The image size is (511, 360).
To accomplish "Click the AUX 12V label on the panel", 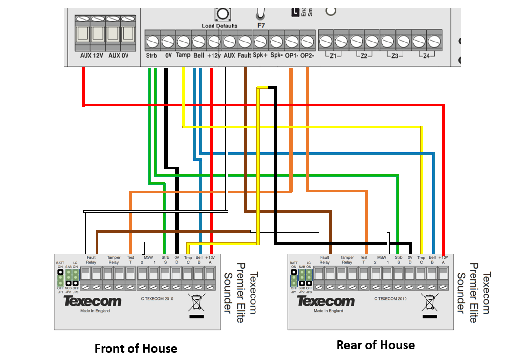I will [91, 56].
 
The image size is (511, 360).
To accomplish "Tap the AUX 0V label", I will [118, 56].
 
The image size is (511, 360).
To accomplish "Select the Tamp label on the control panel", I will [183, 56].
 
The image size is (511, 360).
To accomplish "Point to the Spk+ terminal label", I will [260, 56].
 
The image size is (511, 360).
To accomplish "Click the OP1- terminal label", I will [292, 56].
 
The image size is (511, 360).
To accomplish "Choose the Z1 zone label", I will [333, 56].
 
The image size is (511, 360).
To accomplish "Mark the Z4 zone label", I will [426, 56].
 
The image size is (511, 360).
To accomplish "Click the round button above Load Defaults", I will [223, 14].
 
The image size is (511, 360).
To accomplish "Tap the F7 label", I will [260, 24].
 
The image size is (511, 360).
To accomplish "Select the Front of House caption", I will [136, 348].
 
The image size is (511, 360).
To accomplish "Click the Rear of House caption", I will [375, 345].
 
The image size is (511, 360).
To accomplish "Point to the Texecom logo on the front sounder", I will [92, 300].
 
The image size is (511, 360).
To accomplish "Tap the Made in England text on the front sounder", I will [95, 311].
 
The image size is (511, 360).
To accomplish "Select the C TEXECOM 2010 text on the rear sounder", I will [390, 298].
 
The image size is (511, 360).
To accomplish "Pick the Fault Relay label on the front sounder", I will [91, 259].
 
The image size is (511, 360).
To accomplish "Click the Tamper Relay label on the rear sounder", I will [347, 259].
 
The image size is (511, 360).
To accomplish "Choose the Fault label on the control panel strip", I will [244, 56].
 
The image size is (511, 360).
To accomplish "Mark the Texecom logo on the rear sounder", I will [326, 300].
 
